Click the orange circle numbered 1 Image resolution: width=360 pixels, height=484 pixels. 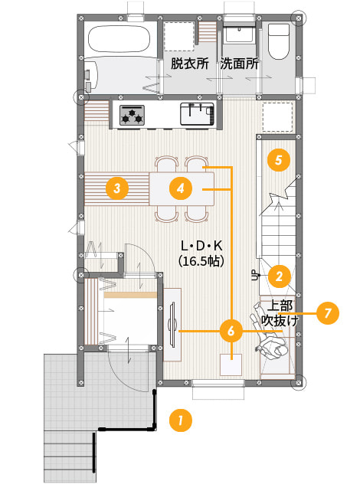point(181,420)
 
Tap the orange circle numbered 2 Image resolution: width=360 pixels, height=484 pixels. point(279,276)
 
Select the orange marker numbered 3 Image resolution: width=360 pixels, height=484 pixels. point(117,188)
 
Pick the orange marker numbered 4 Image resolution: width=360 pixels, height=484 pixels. point(181,188)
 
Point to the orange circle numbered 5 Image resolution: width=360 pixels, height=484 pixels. point(279,160)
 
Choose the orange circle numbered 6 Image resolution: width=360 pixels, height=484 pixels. point(231,331)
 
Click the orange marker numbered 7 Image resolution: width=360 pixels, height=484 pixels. point(328,313)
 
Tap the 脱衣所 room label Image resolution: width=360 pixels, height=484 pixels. point(190,64)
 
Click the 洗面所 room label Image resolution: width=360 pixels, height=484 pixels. point(239,64)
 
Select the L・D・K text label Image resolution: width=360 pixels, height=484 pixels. point(201,246)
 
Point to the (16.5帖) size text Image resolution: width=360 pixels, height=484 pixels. point(201,261)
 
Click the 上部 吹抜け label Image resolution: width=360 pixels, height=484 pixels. point(280,313)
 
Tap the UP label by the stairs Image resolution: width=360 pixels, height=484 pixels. point(255,275)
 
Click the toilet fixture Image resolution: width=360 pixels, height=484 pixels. point(279,41)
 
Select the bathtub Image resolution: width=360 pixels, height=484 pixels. point(119,40)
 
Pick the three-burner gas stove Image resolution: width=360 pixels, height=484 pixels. point(133,115)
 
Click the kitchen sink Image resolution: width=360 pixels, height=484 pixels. point(197,113)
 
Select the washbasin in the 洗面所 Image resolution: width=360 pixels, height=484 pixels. point(239,34)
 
